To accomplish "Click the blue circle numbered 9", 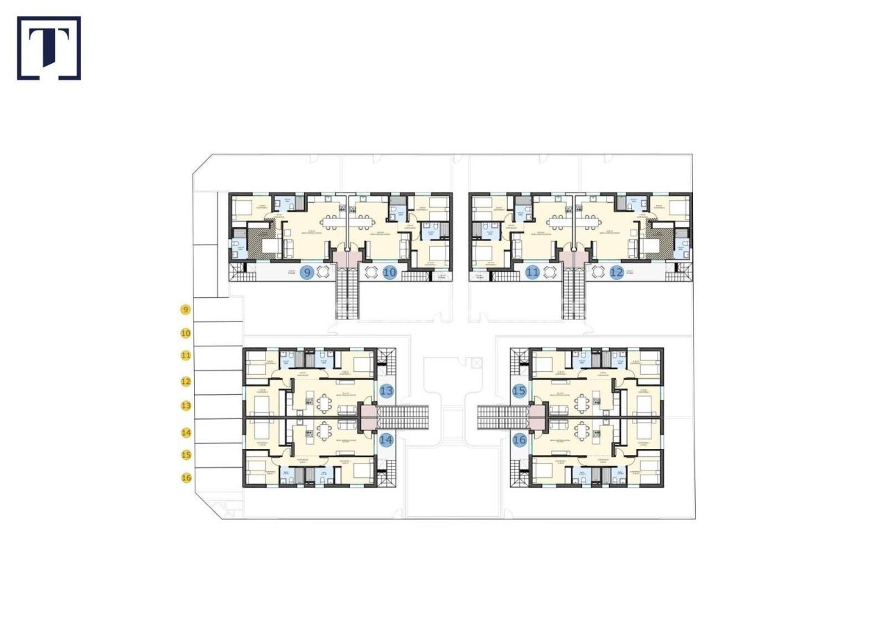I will (307, 272).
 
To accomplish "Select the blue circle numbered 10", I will (389, 272).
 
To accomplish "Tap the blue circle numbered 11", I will (532, 272).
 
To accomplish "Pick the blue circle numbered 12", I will (617, 272).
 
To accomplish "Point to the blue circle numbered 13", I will (386, 391).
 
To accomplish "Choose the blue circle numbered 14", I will (386, 439).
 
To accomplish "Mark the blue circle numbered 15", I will (519, 391).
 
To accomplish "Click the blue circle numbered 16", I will (519, 439).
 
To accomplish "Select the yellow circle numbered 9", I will (185, 310).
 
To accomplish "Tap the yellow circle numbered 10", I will (185, 333).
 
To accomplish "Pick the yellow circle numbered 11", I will (185, 355).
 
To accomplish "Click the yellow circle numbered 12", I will (185, 381).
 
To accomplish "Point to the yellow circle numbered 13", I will (185, 405).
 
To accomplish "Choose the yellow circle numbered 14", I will (185, 432).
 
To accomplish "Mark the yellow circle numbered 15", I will (185, 454).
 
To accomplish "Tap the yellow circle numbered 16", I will (185, 477).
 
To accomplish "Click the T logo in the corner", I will (49, 48).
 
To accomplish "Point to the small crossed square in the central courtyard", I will (476, 362).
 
